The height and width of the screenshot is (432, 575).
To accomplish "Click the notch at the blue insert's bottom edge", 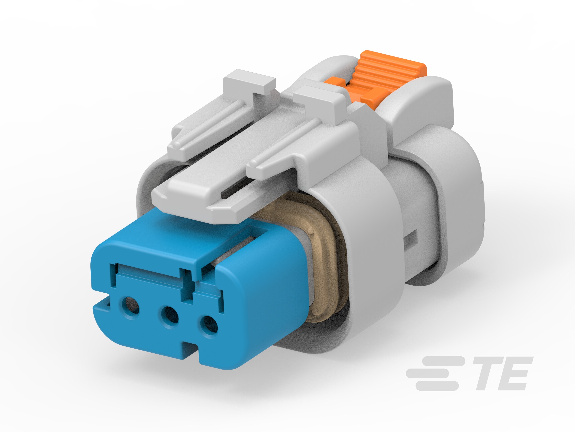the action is (191, 350).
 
